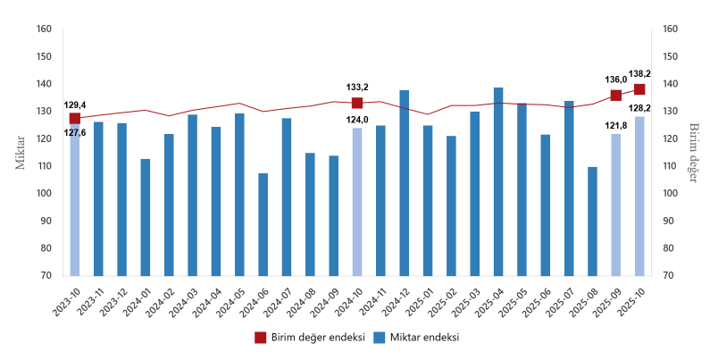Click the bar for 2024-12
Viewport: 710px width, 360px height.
404,183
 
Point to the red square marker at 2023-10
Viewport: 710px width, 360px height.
75,118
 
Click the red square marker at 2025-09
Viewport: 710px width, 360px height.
616,96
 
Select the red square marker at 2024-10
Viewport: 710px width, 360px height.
357,103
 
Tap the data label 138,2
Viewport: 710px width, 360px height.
639,74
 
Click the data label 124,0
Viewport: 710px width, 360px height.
358,120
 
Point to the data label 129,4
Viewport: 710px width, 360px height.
75,105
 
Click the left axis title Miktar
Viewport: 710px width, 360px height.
21,152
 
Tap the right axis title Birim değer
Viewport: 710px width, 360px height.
693,152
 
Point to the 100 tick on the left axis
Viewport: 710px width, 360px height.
45,194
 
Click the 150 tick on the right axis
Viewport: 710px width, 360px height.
672,56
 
